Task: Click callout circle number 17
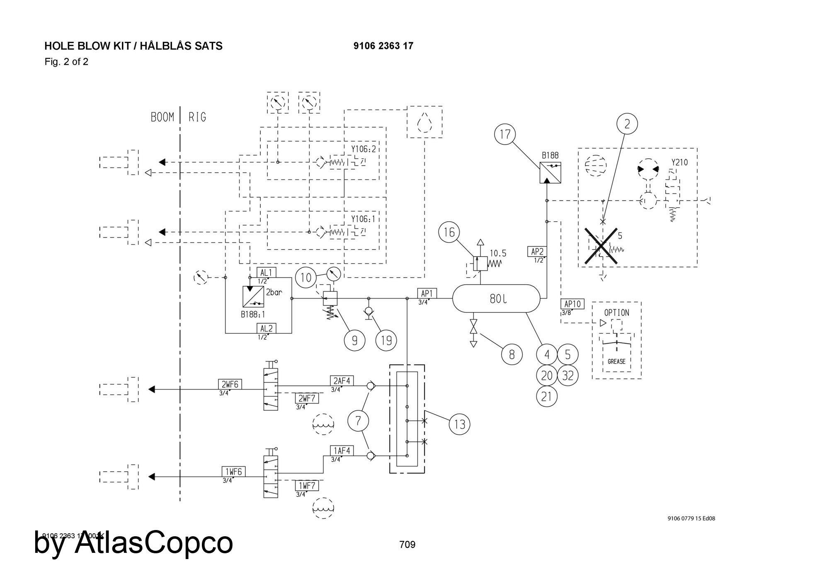pos(505,134)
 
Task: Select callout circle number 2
pos(627,123)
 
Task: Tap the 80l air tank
pos(497,298)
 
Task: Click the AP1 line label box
pos(427,293)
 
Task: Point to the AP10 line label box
pos(572,304)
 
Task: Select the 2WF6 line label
pos(230,384)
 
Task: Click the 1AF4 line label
pos(342,450)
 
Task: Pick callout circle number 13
pos(460,424)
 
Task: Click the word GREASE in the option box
pos(616,361)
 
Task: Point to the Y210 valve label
pos(679,162)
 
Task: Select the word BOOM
pos(162,117)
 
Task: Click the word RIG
pos(197,117)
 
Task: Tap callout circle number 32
pos(568,375)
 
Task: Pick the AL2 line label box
pos(267,328)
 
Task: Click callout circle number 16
pos(449,232)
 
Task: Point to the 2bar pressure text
pos(274,292)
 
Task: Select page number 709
pos(407,544)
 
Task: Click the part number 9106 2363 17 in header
pos(383,46)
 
